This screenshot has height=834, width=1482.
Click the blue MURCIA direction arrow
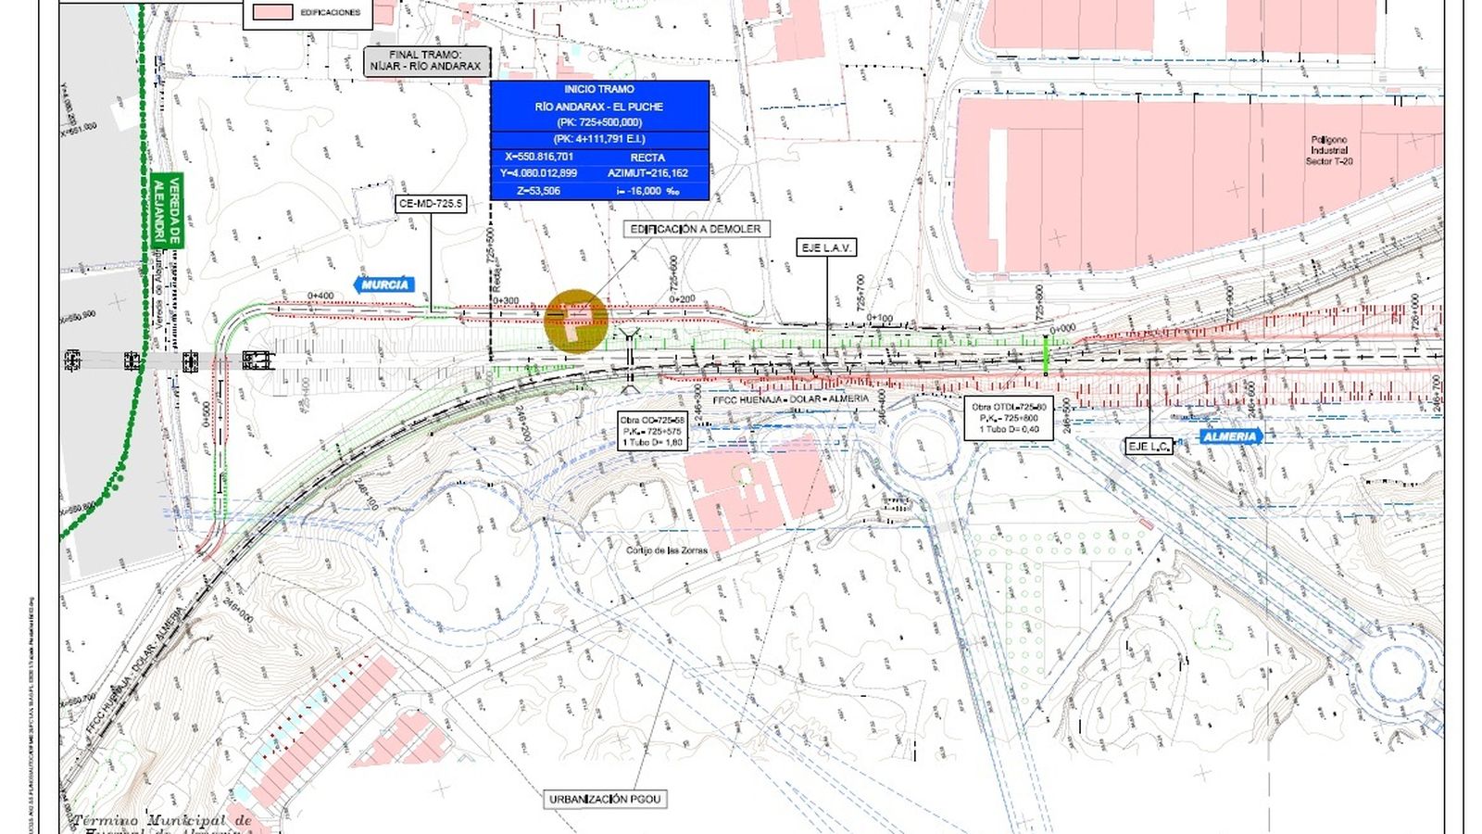(383, 284)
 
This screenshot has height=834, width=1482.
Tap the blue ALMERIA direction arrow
(1230, 436)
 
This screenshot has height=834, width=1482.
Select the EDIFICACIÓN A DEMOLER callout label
(695, 229)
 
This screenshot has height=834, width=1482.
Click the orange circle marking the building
(576, 322)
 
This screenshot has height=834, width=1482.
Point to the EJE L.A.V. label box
(826, 247)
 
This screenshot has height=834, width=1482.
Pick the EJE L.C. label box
(1149, 447)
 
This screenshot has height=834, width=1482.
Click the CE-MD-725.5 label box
(430, 204)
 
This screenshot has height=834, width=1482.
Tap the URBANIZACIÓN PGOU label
(605, 799)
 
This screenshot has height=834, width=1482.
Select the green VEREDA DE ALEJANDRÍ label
(168, 211)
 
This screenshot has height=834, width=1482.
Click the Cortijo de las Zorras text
(666, 550)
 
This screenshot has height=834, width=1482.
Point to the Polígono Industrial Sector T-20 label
(1329, 150)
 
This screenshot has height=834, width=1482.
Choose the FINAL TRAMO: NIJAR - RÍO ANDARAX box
(425, 61)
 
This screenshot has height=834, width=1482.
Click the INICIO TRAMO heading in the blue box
(599, 89)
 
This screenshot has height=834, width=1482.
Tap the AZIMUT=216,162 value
(647, 173)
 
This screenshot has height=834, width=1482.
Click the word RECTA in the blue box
(647, 158)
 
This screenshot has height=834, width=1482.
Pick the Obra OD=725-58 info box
(652, 431)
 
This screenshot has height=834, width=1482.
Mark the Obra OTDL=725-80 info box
(1009, 418)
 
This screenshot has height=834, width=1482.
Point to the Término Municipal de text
(161, 821)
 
